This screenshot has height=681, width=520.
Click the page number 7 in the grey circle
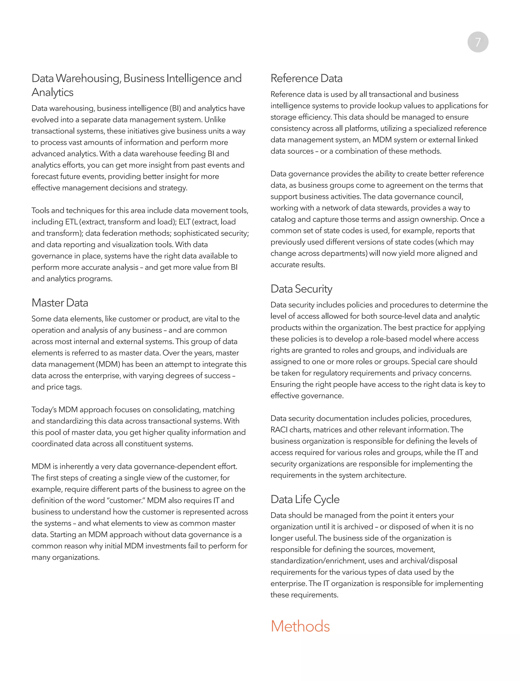coord(478,42)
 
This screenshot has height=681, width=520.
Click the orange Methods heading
coord(300,626)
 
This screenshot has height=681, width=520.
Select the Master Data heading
coord(60,303)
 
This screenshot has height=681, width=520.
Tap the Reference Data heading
coord(306,78)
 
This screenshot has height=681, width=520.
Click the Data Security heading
coord(301,289)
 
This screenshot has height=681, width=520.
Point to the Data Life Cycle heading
coord(305,499)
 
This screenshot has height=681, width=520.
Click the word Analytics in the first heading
coord(52,92)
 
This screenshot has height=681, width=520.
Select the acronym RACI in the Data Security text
coord(279,430)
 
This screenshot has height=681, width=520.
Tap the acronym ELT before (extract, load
coord(185,222)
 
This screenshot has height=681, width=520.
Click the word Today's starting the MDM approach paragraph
coord(44,410)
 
